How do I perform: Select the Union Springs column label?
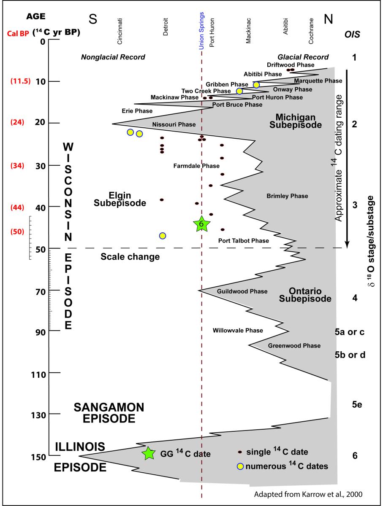click(x=201, y=25)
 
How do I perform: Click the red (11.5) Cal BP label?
click(x=21, y=81)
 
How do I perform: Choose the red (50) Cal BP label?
click(x=21, y=231)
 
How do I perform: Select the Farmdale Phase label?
click(x=196, y=166)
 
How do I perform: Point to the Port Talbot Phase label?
click(x=243, y=241)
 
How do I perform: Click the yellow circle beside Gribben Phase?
click(x=256, y=85)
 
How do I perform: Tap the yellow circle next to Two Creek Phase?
click(x=239, y=91)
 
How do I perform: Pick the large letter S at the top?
click(x=93, y=19)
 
